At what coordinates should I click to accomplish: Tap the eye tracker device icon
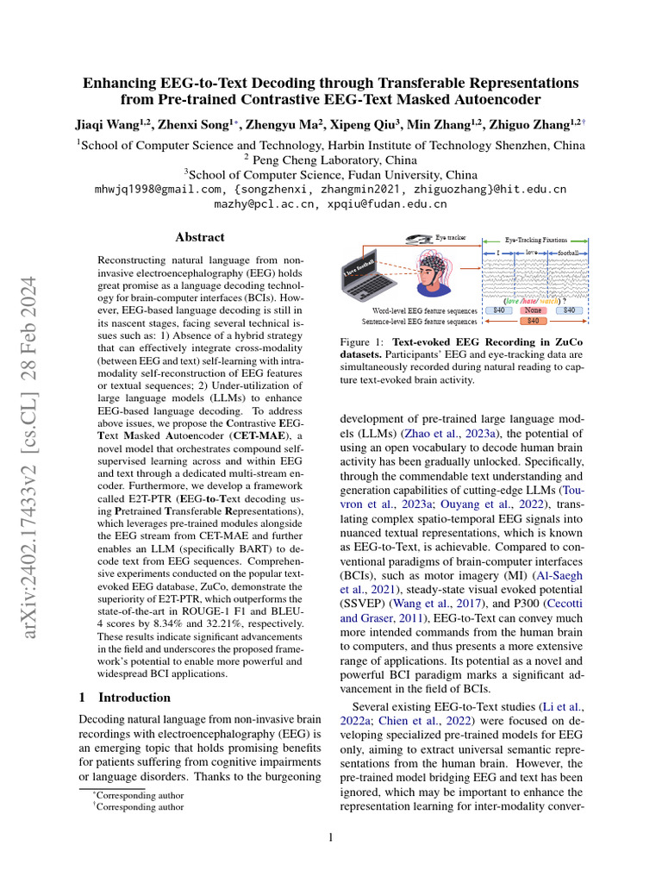tap(421, 239)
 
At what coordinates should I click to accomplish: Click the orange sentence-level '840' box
tap(532, 321)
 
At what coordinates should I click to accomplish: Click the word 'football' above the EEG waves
tap(567, 253)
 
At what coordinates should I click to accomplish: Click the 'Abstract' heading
tap(200, 237)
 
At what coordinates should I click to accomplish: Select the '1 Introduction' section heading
tap(124, 697)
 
